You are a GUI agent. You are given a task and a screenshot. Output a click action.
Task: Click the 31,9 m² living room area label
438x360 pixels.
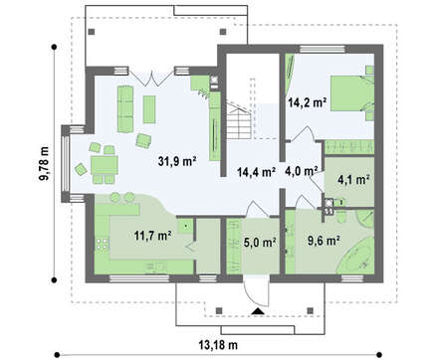click(x=177, y=161)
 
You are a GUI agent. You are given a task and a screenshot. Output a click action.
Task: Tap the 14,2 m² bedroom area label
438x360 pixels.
click(x=307, y=102)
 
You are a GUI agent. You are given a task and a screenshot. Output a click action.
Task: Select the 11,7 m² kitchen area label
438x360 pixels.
click(x=152, y=236)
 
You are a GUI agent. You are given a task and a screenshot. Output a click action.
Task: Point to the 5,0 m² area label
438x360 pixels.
click(x=260, y=243)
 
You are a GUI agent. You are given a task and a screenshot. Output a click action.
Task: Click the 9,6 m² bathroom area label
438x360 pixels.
click(x=324, y=241)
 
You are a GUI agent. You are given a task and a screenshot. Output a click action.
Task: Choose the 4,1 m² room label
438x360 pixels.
click(x=353, y=179)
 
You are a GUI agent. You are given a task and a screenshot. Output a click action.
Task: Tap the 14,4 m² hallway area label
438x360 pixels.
click(x=257, y=172)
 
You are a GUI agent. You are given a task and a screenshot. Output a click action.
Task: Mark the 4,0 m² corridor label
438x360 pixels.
click(x=302, y=171)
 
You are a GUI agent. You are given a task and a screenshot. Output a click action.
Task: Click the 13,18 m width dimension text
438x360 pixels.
click(x=218, y=345)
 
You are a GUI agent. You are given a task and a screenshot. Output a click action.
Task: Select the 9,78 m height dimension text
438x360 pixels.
click(x=44, y=163)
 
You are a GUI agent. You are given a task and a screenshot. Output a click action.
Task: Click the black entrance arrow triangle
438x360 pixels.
click(x=257, y=311)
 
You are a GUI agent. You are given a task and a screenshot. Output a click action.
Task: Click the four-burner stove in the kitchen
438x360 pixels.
click(x=103, y=244)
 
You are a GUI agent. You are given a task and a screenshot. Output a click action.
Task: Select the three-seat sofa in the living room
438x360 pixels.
click(x=125, y=109)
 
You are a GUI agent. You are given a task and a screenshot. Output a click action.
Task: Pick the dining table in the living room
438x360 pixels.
click(x=105, y=165)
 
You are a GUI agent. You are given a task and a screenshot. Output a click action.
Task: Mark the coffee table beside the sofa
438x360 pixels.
click(x=149, y=109)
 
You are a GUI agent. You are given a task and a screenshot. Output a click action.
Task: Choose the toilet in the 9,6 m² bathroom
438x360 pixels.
click(x=341, y=218)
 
